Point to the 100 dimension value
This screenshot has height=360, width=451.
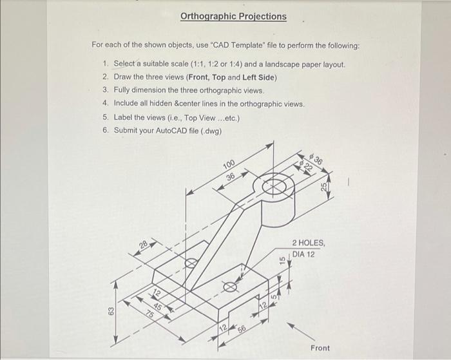click(229, 165)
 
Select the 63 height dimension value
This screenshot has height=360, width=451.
click(111, 312)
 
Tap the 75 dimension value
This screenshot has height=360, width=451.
click(149, 314)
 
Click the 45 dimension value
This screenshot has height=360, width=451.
click(158, 306)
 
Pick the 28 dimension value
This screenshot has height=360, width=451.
click(143, 245)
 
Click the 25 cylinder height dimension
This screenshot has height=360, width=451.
click(325, 185)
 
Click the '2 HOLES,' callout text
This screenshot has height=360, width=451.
click(312, 243)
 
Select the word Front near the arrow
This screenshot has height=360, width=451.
click(320, 348)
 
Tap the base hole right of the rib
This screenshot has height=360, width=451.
click(230, 287)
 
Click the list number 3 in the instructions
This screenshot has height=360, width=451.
click(105, 91)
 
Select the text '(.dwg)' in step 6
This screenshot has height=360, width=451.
click(210, 131)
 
